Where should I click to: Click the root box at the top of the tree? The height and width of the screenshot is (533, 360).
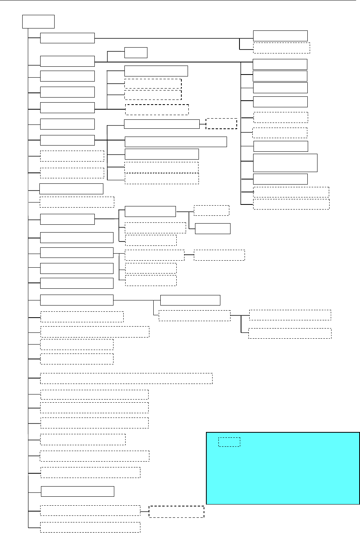tap(38, 21)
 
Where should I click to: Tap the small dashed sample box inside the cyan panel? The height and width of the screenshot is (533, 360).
tap(229, 442)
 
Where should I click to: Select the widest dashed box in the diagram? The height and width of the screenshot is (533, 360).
tap(126, 378)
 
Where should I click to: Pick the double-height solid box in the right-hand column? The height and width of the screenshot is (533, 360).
tap(285, 163)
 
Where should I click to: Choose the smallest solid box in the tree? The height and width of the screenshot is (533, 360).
tap(136, 52)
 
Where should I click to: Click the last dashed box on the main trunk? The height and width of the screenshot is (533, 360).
tap(90, 527)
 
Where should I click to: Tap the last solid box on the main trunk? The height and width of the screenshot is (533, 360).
tap(78, 492)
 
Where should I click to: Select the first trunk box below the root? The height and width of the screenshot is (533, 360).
tap(67, 38)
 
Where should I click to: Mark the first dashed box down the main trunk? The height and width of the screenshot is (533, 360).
tap(72, 156)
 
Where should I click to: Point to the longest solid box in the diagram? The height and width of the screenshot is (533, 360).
tap(176, 142)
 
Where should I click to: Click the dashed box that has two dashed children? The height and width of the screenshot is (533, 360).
tap(194, 316)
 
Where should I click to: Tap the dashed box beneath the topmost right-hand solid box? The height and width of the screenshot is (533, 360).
tap(281, 48)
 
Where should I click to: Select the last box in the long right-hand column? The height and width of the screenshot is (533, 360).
tap(291, 204)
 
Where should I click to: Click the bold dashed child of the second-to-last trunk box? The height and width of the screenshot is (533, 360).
tap(176, 512)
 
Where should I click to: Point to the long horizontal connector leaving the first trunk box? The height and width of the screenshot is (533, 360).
tap(168, 38)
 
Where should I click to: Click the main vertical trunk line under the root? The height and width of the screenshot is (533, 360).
tap(28, 273)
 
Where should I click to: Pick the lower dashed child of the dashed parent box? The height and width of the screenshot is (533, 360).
tap(290, 333)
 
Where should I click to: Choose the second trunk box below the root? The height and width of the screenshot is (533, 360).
tap(67, 61)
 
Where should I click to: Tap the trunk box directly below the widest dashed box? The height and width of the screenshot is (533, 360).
tap(94, 394)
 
